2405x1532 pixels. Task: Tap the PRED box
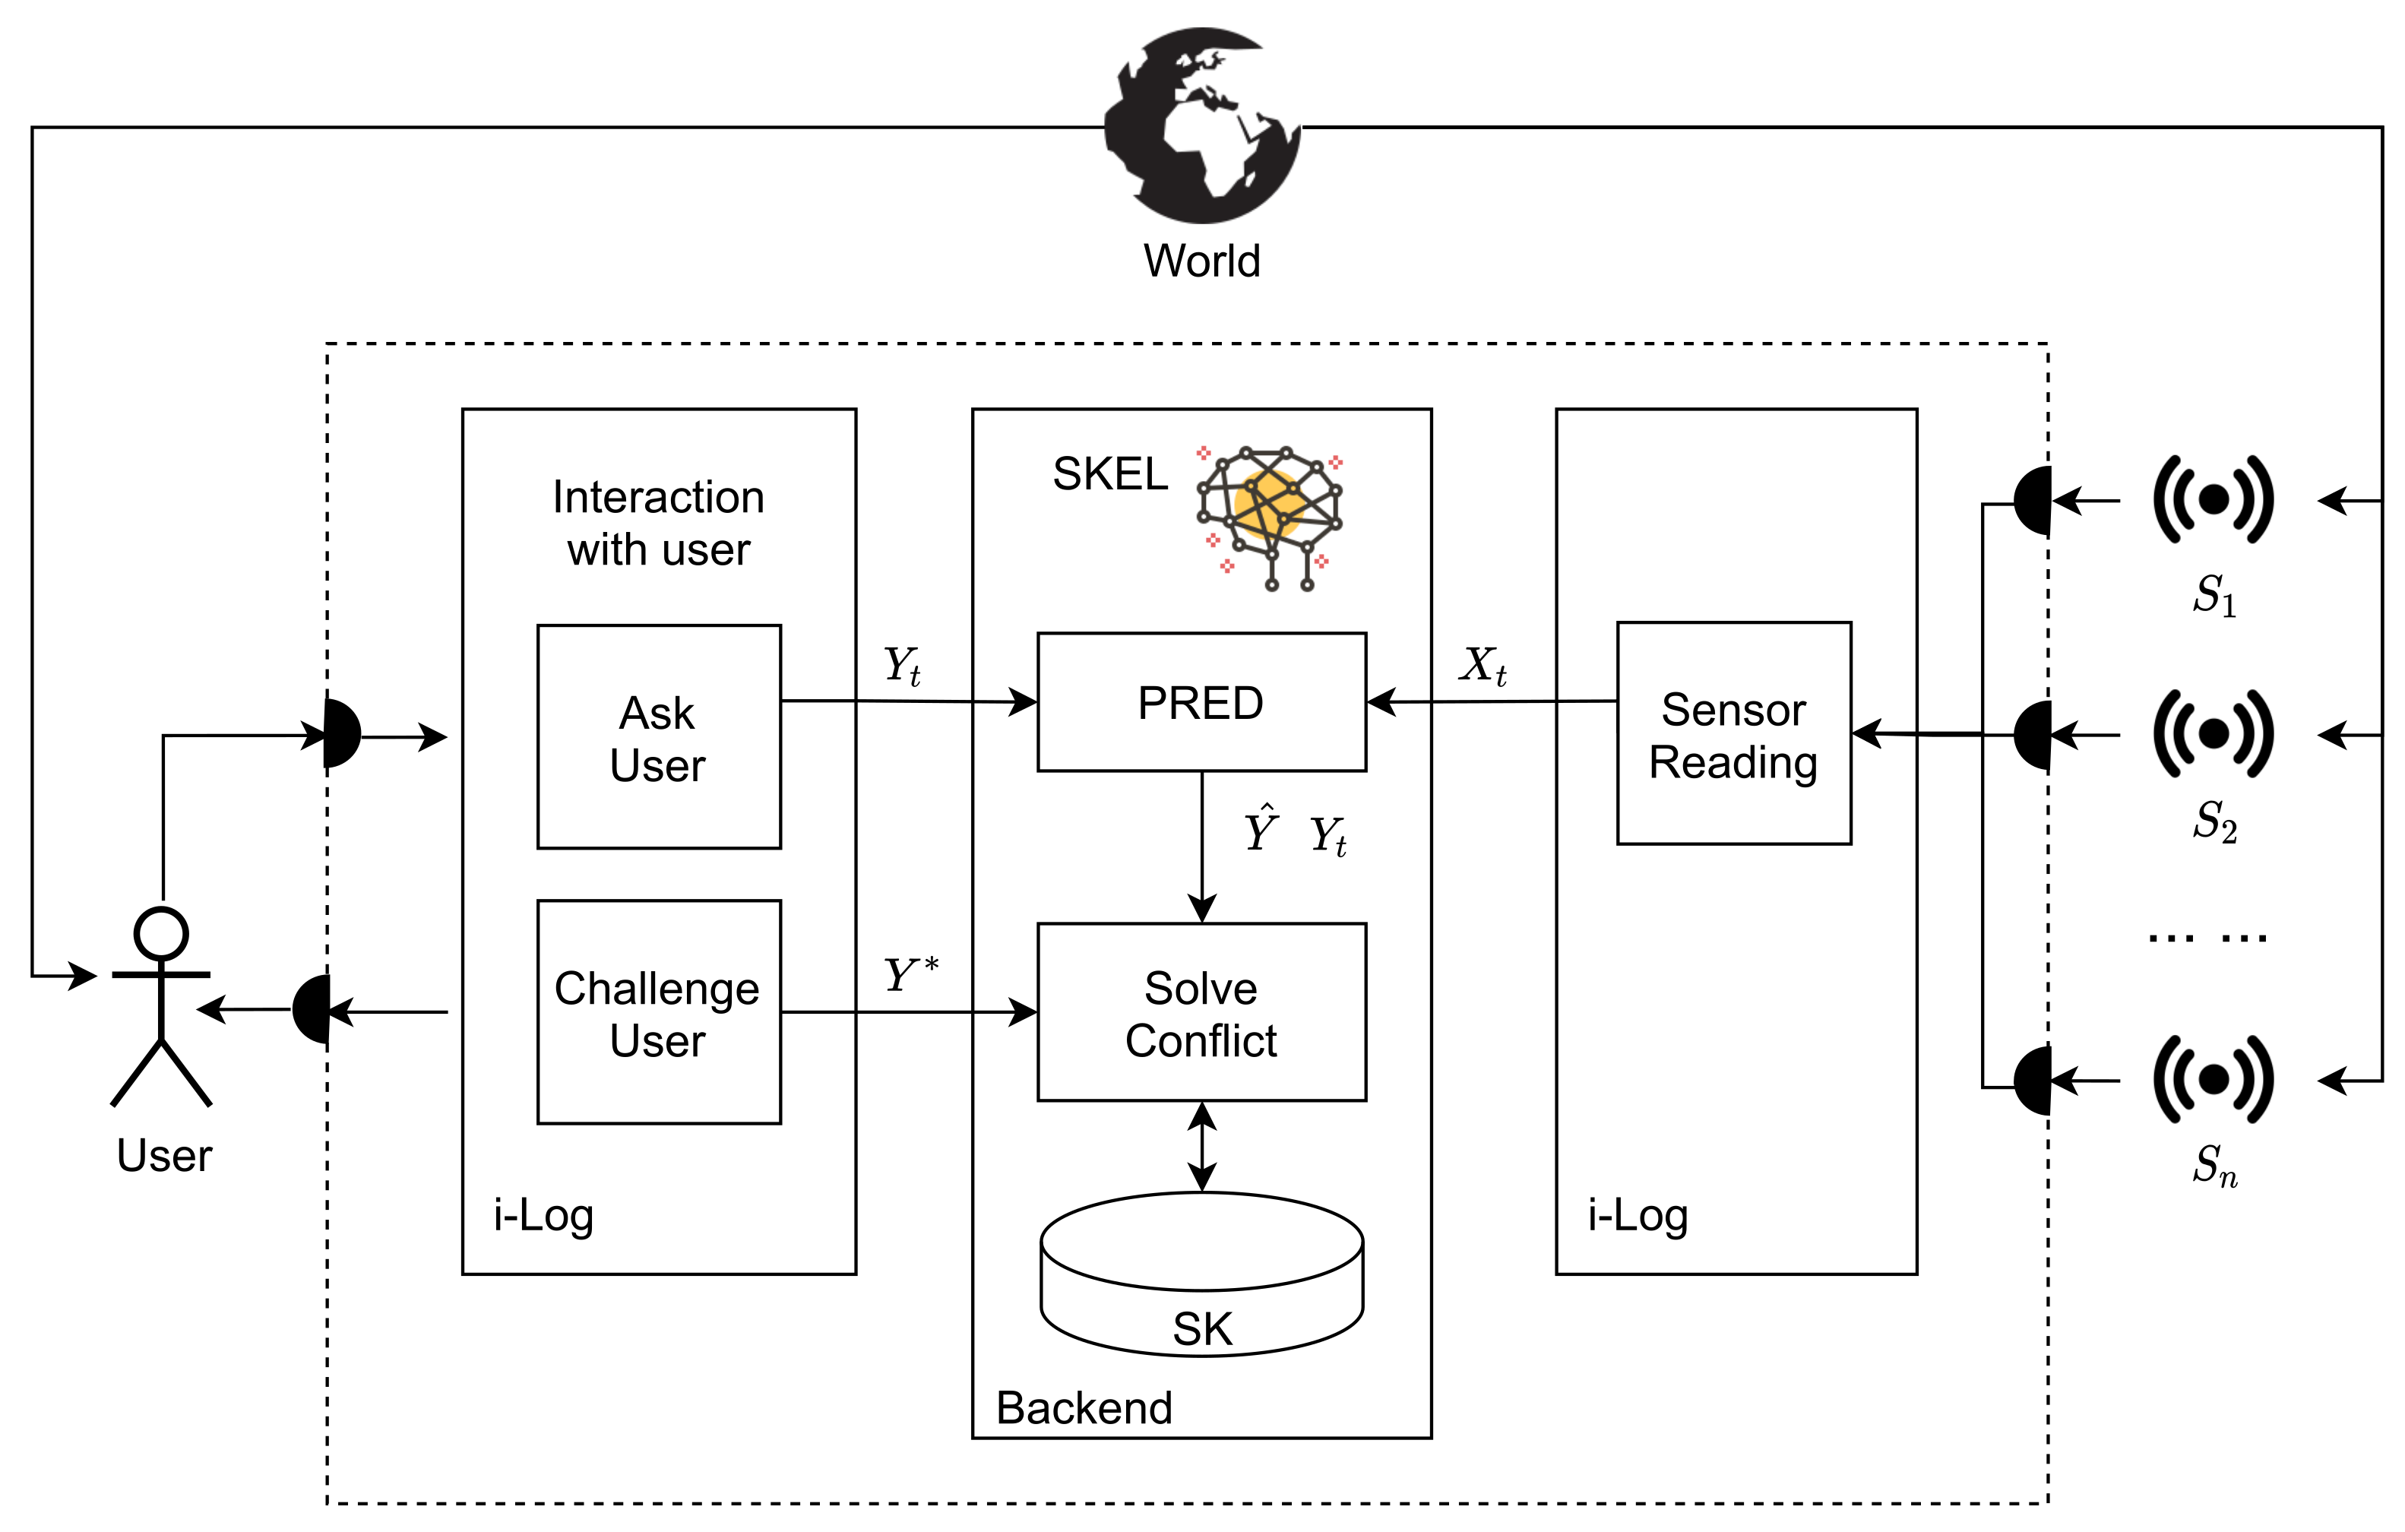[1201, 702]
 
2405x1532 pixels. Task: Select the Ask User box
[658, 737]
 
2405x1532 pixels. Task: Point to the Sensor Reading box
[1734, 734]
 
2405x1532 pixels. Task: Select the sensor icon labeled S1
[2214, 499]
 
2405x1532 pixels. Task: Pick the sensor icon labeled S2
[2214, 734]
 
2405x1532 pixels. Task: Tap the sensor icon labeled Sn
[2214, 1080]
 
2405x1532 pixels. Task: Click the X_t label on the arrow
[1483, 665]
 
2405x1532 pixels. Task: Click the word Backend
[1084, 1408]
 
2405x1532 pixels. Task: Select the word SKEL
[1109, 473]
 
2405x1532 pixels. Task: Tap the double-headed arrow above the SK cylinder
[1201, 1147]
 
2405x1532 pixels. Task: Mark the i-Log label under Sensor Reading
[1638, 1215]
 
